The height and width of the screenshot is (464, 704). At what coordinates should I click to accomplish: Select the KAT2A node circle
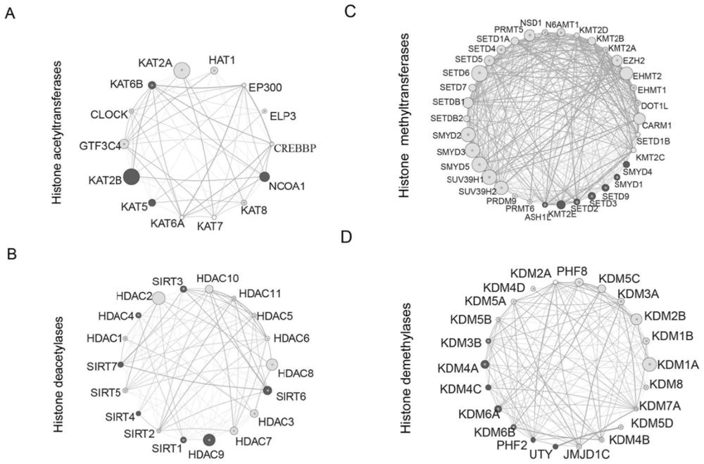(182, 70)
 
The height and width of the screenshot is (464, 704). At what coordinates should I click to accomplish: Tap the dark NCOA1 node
(265, 176)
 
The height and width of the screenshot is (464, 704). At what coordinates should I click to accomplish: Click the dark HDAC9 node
(209, 440)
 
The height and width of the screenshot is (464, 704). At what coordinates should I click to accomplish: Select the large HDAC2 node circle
(158, 298)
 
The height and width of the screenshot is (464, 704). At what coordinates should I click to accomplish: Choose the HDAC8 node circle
(272, 364)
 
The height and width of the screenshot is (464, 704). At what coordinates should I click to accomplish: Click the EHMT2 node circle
(626, 73)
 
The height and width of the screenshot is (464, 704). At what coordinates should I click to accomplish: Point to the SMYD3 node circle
(471, 149)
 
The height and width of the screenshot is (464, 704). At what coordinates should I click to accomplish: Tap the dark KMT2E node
(561, 204)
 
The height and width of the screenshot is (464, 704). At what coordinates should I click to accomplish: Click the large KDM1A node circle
(648, 364)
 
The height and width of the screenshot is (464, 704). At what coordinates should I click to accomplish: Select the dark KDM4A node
(484, 364)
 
